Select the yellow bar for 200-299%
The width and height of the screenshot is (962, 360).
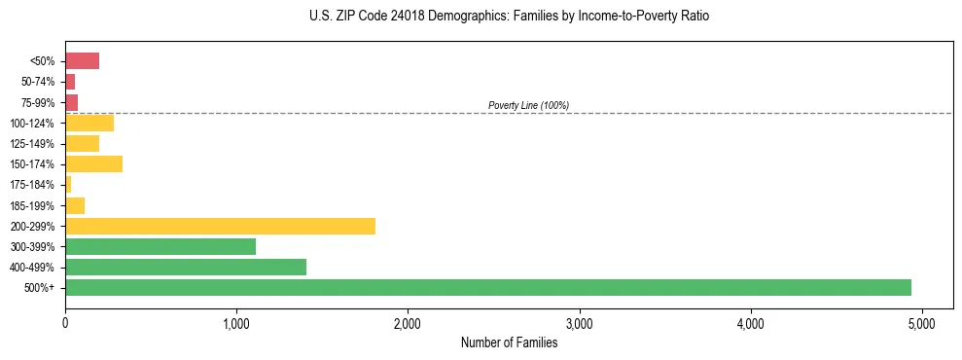coord(220,226)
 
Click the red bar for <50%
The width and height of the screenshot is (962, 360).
coord(82,61)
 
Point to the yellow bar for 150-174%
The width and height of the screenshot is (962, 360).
coord(93,163)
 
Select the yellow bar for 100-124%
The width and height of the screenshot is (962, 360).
coord(89,123)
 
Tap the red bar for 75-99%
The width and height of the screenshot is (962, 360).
coord(71,102)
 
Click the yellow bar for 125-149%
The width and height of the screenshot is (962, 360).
coord(82,143)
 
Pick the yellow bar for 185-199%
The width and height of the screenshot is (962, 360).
coord(75,205)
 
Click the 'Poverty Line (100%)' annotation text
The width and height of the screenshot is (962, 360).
coord(528,105)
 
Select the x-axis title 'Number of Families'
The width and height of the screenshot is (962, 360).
coord(509,342)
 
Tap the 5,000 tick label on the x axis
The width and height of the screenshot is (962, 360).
coord(921,322)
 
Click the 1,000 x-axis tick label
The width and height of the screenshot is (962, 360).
coord(236,322)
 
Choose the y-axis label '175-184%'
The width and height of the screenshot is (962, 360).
coord(32,185)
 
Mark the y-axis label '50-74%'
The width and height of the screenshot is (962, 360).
coord(36,82)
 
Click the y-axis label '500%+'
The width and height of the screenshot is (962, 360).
coord(40,288)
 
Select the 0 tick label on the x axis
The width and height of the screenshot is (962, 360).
coord(65,322)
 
